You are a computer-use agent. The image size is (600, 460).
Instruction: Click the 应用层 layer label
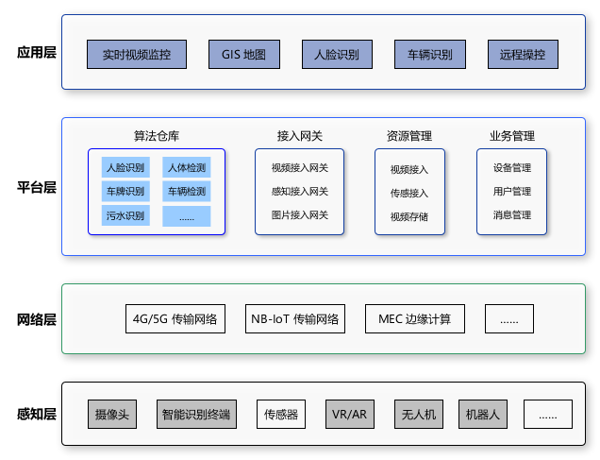[x=37, y=53]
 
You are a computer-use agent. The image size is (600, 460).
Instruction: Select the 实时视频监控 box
[x=136, y=55]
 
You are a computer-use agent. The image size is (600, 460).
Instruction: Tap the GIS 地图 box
[x=237, y=55]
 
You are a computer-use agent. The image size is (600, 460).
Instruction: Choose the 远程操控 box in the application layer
[x=523, y=55]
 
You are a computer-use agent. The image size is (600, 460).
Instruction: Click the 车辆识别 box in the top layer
[x=429, y=55]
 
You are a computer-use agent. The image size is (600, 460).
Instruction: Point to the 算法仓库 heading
[x=156, y=135]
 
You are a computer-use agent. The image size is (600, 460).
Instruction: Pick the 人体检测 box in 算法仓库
[x=186, y=168]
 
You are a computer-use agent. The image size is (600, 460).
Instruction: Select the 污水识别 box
[x=125, y=216]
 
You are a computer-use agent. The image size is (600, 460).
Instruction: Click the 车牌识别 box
[x=125, y=192]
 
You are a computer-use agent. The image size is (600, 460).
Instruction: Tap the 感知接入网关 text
[x=299, y=192]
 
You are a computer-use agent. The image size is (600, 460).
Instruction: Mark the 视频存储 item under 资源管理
[x=408, y=216]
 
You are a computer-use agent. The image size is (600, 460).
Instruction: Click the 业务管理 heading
[x=511, y=135]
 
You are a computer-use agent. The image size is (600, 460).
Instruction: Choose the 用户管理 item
[x=511, y=192]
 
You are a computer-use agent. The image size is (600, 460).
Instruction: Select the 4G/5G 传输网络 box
[x=175, y=319]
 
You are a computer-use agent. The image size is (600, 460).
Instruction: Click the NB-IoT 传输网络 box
[x=294, y=319]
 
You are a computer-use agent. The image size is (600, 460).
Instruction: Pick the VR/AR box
[x=349, y=414]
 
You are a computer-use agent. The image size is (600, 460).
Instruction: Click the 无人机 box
[x=418, y=414]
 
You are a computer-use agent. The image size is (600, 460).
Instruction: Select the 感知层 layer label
[x=37, y=414]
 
